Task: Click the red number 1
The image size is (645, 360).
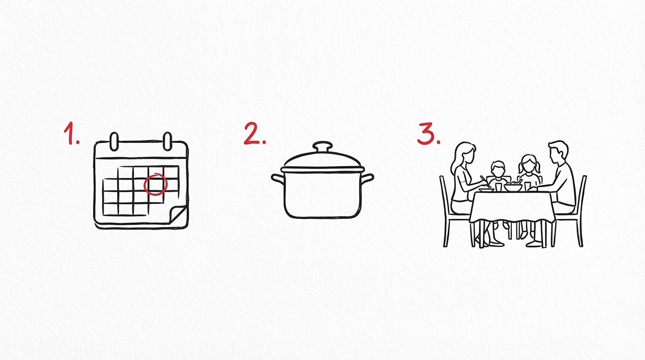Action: click(70, 133)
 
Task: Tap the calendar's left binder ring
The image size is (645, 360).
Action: click(114, 142)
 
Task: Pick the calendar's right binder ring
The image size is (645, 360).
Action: click(167, 142)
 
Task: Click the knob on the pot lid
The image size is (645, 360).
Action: click(322, 147)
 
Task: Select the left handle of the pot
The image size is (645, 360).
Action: click(278, 179)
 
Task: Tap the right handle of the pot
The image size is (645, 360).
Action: click(367, 179)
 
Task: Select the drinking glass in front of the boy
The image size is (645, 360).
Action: click(498, 187)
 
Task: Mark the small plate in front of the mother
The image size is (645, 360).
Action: click(487, 190)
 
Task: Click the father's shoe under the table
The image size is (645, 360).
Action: click(534, 244)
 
